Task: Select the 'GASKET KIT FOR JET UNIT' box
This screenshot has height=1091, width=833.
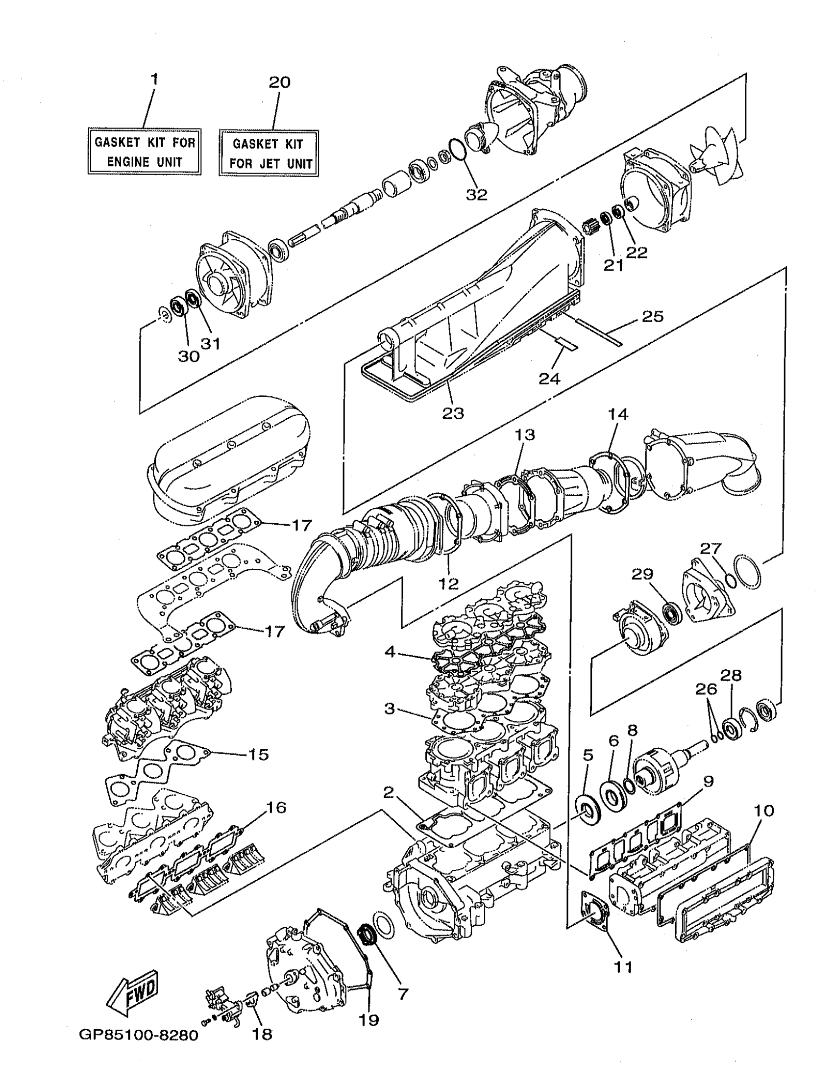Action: click(268, 153)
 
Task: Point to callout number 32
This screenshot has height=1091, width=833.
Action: click(476, 195)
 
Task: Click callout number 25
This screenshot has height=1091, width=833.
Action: click(652, 316)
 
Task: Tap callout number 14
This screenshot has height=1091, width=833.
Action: click(618, 413)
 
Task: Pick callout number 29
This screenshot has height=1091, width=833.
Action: click(642, 575)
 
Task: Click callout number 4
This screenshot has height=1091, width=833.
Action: click(390, 652)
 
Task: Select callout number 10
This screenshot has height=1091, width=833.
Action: click(763, 811)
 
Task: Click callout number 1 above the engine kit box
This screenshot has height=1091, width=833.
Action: click(154, 79)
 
